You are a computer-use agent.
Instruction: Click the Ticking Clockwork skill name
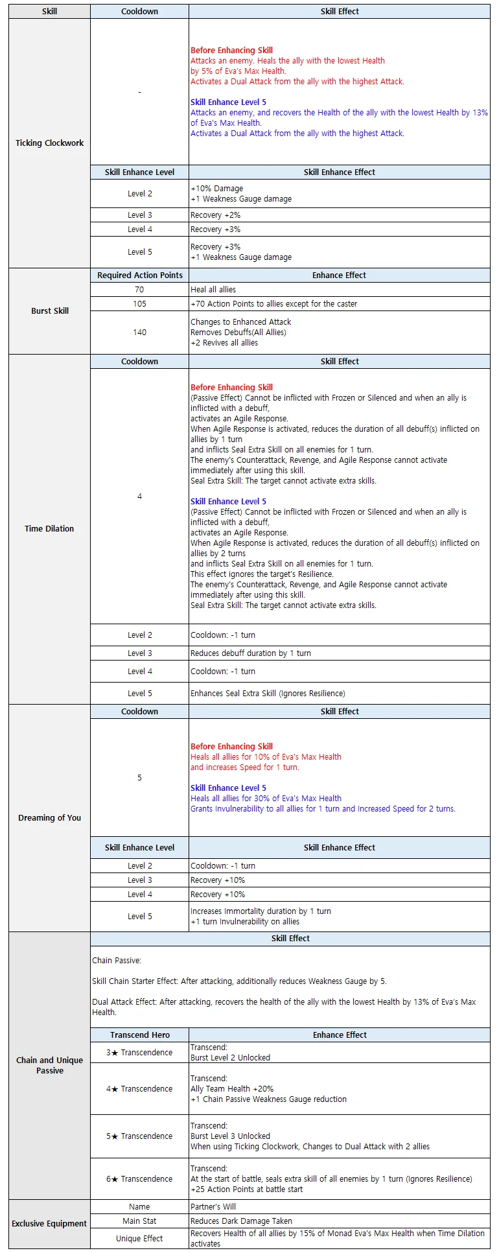[x=50, y=143]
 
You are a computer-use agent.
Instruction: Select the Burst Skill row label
[x=50, y=311]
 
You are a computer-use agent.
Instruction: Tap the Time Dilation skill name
[x=49, y=529]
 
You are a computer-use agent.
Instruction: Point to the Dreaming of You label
[x=50, y=818]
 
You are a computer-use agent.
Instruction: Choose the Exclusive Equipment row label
[x=49, y=1224]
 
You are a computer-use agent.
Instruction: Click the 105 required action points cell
[x=140, y=304]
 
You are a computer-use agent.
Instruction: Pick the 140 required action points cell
[x=140, y=333]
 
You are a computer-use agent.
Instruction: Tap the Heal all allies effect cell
[x=213, y=290]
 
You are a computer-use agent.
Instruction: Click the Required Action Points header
[x=140, y=275]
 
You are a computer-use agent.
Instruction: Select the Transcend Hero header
[x=140, y=1035]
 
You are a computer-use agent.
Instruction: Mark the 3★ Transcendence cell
[x=140, y=1053]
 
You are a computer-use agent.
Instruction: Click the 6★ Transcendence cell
[x=140, y=1179]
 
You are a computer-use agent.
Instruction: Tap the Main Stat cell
[x=140, y=1221]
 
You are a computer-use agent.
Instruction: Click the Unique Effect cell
[x=140, y=1239]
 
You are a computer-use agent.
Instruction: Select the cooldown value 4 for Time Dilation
[x=140, y=497]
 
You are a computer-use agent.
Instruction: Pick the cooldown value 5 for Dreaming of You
[x=140, y=778]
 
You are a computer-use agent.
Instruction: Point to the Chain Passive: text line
[x=117, y=961]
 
